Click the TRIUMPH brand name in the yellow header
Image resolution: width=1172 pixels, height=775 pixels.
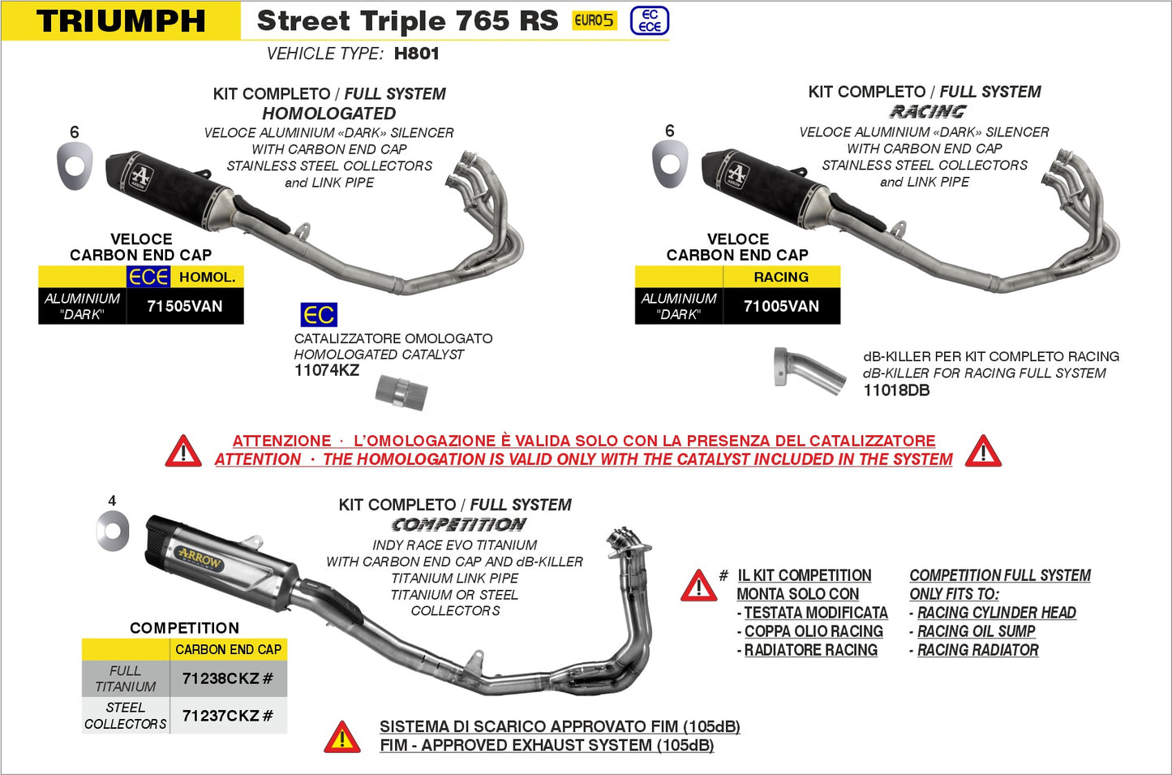[x=122, y=21]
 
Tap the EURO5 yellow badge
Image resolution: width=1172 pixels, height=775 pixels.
[x=594, y=21]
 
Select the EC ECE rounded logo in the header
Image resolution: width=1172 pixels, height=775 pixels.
[x=650, y=21]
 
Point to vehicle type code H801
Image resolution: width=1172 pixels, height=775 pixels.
[x=416, y=54]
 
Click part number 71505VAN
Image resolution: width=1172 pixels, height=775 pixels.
[x=184, y=306]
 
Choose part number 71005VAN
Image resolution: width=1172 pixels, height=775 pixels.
[x=781, y=306]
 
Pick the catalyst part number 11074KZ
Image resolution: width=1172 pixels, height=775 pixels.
[x=326, y=371]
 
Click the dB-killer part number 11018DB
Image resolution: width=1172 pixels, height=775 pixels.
[x=896, y=390]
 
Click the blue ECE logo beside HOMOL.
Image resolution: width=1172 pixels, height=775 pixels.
[x=148, y=277]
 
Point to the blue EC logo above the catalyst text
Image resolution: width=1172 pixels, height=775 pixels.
[x=319, y=315]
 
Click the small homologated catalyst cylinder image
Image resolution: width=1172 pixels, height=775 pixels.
[x=401, y=393]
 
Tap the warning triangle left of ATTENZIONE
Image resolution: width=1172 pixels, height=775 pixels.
[x=183, y=451]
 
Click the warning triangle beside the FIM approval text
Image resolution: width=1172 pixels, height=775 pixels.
[x=342, y=737]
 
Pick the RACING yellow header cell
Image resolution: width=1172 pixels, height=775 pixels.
[x=781, y=277]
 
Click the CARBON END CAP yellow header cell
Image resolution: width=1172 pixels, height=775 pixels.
[x=228, y=649]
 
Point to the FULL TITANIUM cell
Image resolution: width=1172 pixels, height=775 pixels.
[x=126, y=678]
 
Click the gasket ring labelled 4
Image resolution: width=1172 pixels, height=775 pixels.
[x=113, y=532]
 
